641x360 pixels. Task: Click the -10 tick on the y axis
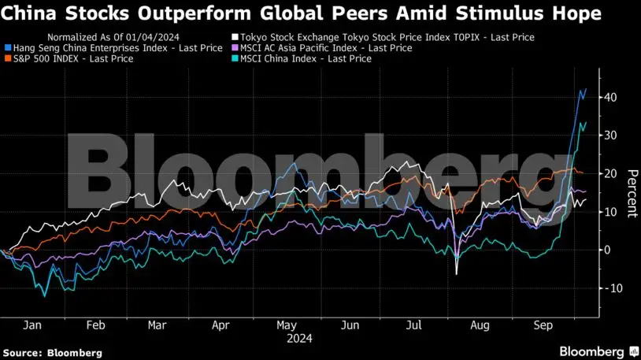(609, 288)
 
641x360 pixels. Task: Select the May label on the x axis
(286, 325)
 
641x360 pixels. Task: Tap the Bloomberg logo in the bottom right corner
(598, 350)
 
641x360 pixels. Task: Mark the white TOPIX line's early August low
(457, 273)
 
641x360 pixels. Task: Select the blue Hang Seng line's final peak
(585, 89)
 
